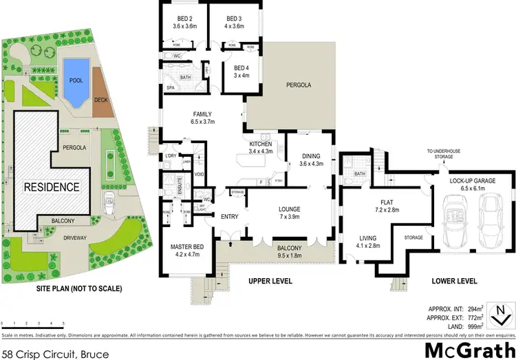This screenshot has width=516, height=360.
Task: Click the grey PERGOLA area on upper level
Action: [299, 85]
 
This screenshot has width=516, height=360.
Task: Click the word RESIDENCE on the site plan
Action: [52, 187]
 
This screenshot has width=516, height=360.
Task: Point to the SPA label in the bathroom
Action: [169, 87]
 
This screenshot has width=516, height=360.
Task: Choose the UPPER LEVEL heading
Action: [270, 281]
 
